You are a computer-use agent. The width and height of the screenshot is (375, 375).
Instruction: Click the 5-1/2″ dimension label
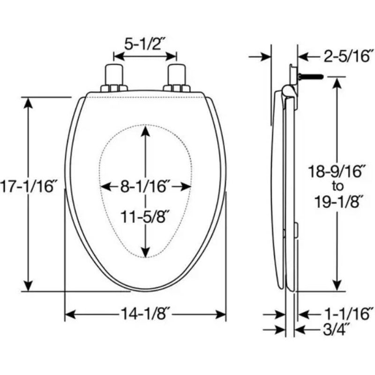145,44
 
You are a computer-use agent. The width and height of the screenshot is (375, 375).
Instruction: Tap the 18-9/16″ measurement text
337,171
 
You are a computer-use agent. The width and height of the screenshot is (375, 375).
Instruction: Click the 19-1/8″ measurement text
337,202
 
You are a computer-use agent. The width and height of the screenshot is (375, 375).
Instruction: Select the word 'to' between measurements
337,186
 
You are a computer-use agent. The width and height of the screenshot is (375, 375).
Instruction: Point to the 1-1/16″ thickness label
349,314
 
